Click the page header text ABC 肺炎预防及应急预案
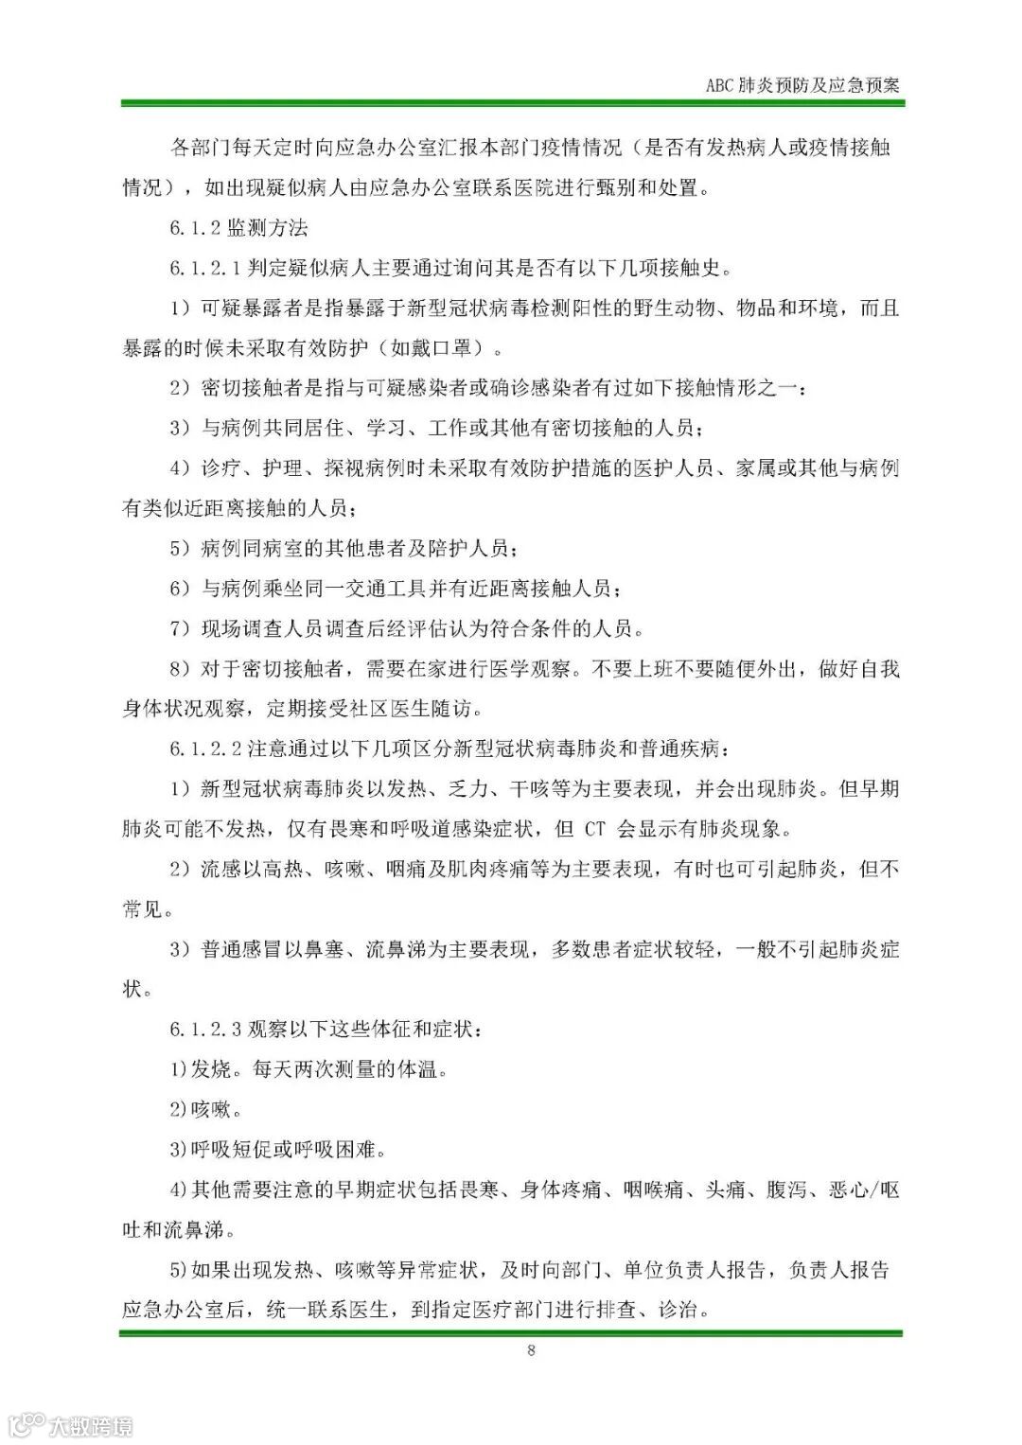802,84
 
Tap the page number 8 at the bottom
531,1349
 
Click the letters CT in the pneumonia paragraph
594,829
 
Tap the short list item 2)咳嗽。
205,1108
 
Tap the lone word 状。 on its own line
136,989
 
